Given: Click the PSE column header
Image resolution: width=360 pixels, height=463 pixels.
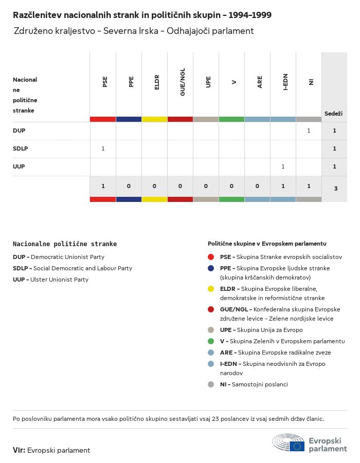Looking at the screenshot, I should coord(105,82).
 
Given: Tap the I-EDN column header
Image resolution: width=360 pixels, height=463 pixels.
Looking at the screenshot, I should coord(285,82).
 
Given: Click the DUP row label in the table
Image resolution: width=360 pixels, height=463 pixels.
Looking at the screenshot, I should coord(19,131).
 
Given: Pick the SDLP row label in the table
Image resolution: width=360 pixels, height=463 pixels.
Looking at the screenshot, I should coord(20,149).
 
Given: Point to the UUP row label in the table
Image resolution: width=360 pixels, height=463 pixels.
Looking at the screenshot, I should coord(19,166).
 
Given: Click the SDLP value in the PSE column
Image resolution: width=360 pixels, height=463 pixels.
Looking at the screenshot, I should coord(103,149).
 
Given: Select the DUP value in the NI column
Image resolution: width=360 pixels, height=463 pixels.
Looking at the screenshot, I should coord(309,131).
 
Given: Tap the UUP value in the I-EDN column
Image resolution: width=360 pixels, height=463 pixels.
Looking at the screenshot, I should coord(283,166).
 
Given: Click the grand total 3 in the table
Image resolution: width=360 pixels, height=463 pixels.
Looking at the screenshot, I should coord(336,189).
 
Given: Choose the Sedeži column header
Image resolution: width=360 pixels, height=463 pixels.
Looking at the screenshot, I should coord(333,114).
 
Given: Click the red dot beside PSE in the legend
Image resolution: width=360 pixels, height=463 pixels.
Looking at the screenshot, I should coord(211,256).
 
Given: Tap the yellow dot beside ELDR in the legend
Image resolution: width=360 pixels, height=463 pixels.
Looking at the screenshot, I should coord(211,288).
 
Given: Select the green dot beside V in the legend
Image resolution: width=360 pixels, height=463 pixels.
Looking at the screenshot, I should coord(211,341).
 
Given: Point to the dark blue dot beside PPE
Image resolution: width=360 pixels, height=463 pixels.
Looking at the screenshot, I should coord(211,268).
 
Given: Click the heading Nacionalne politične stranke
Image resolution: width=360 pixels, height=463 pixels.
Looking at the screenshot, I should coord(65,244).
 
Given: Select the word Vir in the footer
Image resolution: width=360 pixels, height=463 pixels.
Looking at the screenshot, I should coord(19,450).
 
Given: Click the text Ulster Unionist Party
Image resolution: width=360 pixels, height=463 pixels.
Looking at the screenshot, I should coord(59,280).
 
